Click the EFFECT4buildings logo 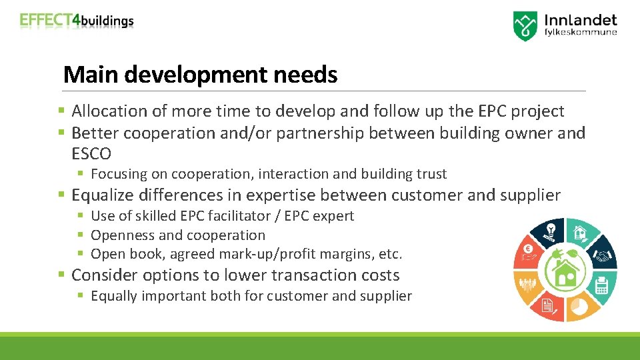click(77, 21)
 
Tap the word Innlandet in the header click(581, 20)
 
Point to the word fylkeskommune click(581, 32)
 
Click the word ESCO click(91, 154)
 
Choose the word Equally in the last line click(114, 296)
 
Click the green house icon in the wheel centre click(565, 270)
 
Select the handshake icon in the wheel click(603, 255)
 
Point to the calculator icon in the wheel click(602, 285)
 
